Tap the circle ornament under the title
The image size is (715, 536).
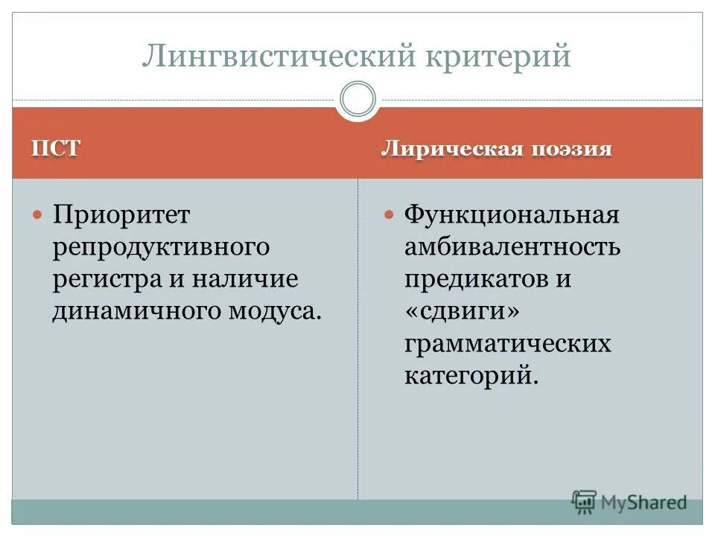(357, 100)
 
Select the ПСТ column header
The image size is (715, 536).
(54, 148)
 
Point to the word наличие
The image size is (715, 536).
(244, 279)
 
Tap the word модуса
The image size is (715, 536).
(271, 311)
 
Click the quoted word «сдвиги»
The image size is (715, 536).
(461, 312)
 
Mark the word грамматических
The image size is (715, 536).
(507, 344)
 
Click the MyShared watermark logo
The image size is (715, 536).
(629, 502)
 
